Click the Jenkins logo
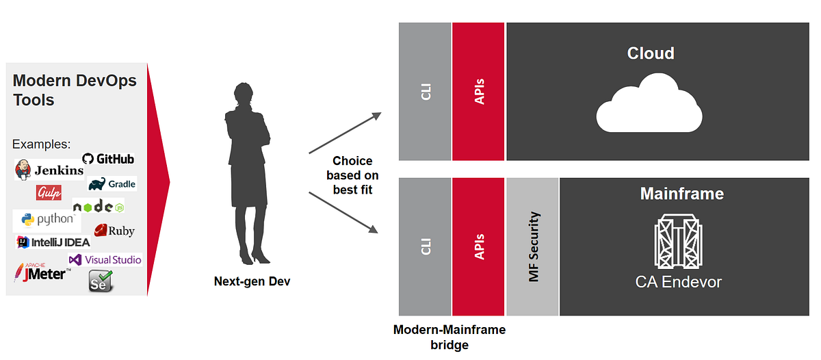pyautogui.click(x=49, y=170)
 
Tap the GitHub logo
pyautogui.click(x=108, y=159)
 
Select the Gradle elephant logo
pyautogui.click(x=112, y=183)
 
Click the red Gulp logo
pyautogui.click(x=49, y=192)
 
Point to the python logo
pyautogui.click(x=47, y=219)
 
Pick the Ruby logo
pyautogui.click(x=114, y=231)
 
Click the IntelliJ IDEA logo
pyautogui.click(x=53, y=242)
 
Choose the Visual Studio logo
pyautogui.click(x=105, y=260)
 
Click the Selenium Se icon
pyautogui.click(x=101, y=281)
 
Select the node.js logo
pyautogui.click(x=99, y=207)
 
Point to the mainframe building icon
pyautogui.click(x=678, y=241)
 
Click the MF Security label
pyautogui.click(x=534, y=246)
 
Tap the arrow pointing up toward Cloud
pyautogui.click(x=345, y=133)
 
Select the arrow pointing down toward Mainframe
pyautogui.click(x=343, y=213)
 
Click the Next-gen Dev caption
pyautogui.click(x=252, y=281)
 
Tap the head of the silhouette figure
pyautogui.click(x=243, y=92)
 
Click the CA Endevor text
pyautogui.click(x=679, y=282)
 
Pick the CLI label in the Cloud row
pyautogui.click(x=426, y=92)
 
